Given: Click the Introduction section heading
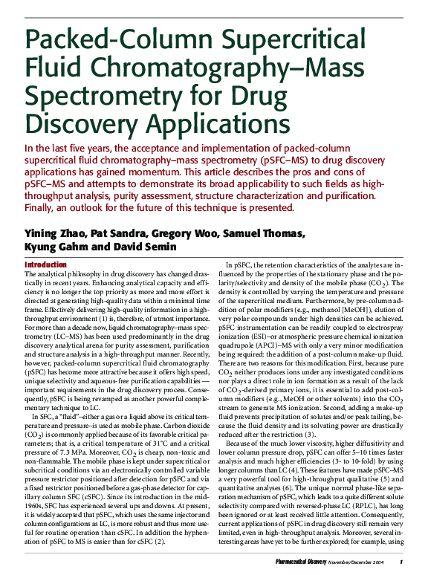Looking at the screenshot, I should pos(46,264).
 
